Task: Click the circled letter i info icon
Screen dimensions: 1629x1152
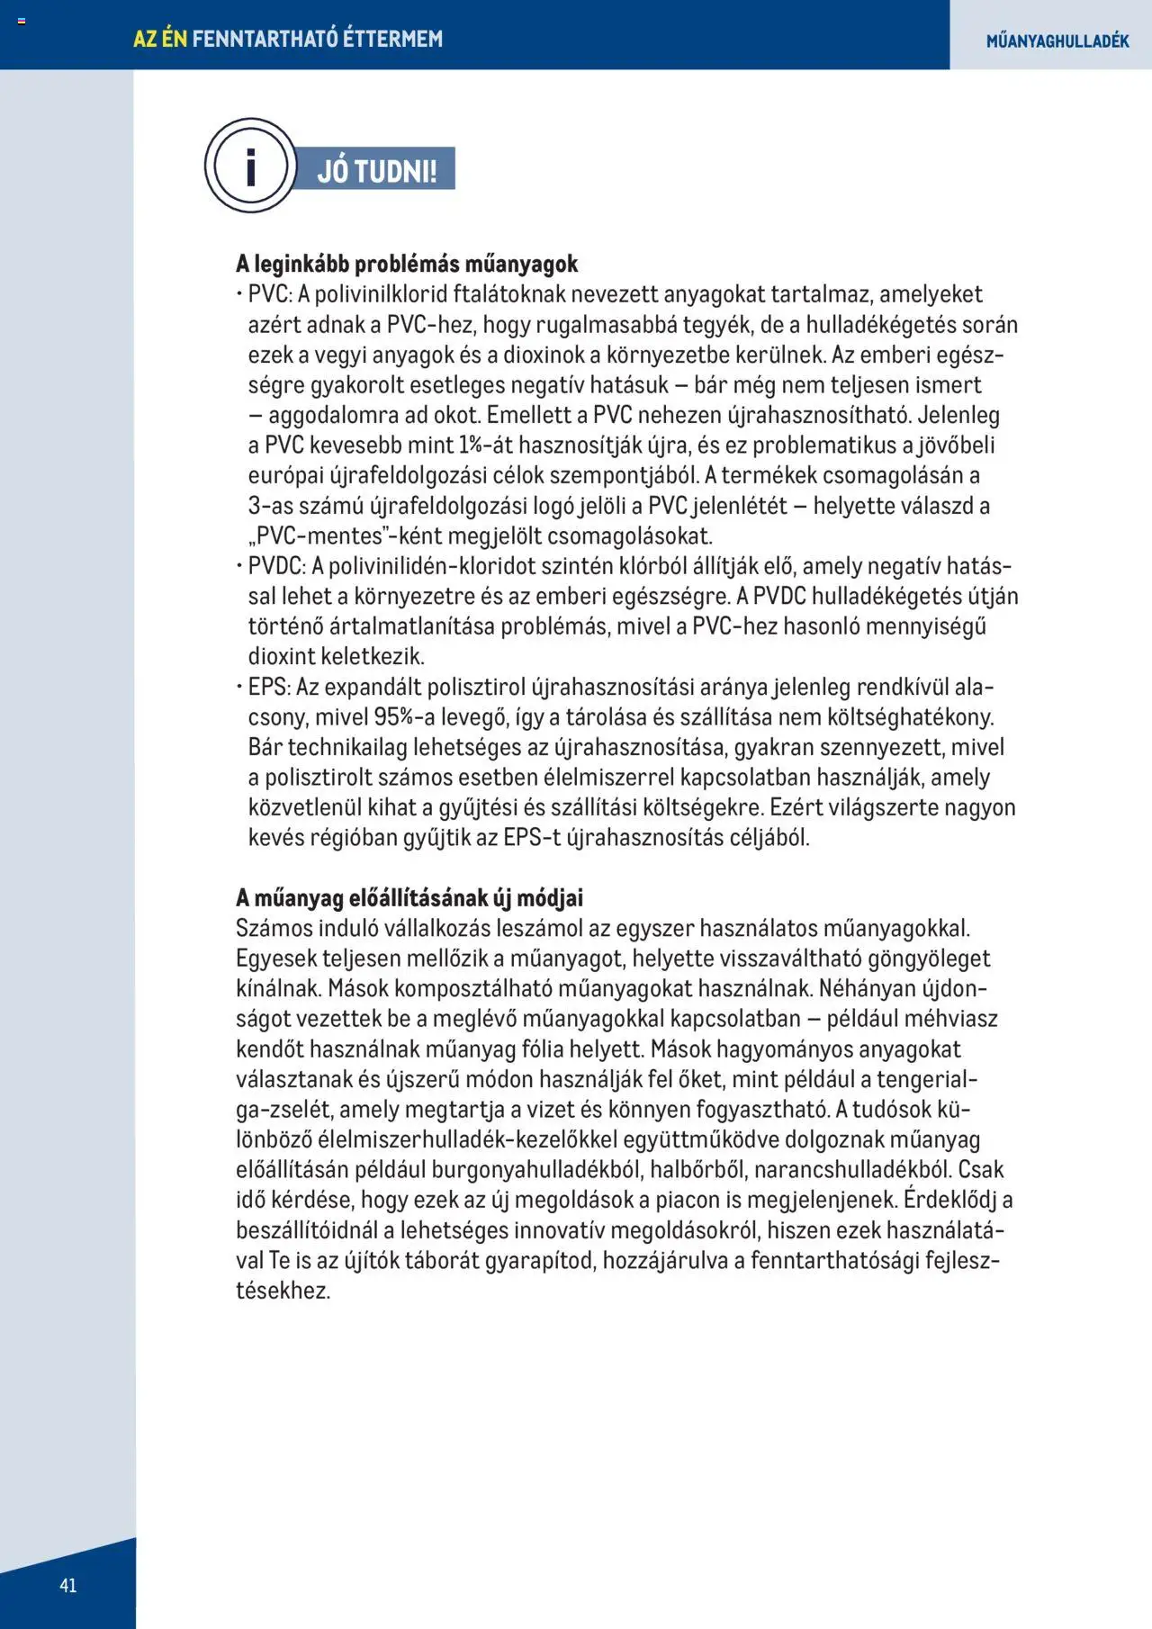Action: pos(249,166)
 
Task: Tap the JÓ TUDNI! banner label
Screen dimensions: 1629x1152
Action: pos(376,170)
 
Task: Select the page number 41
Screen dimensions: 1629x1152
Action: pos(67,1585)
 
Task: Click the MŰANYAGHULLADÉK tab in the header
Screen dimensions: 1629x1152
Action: pos(1057,40)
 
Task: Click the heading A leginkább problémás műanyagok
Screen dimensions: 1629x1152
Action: pos(407,264)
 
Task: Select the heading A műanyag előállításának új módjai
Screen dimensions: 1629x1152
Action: pos(409,897)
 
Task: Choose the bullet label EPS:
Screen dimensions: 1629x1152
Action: pos(269,687)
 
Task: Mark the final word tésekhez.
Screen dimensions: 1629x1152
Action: pos(283,1291)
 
